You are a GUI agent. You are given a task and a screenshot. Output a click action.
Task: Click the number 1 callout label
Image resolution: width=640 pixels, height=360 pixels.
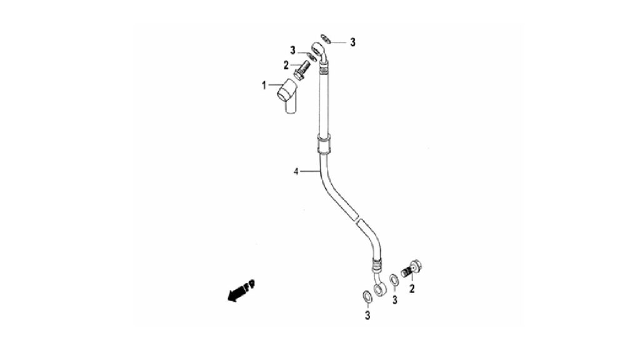264,85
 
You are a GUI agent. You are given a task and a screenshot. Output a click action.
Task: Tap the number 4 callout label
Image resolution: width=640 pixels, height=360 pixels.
296,172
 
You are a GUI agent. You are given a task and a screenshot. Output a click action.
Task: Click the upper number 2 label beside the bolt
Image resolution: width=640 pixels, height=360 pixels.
286,65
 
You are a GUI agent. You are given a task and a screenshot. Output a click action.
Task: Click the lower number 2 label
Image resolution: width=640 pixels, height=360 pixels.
412,289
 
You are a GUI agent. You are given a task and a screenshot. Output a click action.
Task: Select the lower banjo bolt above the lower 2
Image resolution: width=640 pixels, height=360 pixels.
412,269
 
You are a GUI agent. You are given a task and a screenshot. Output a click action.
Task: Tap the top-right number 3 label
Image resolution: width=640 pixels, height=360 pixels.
352,42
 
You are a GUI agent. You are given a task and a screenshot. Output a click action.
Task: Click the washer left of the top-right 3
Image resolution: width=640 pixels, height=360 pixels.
326,39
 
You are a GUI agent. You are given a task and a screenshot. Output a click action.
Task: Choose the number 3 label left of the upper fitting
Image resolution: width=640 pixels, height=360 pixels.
292,51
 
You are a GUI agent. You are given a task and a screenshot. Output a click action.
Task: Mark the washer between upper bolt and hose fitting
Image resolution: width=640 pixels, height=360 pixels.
311,56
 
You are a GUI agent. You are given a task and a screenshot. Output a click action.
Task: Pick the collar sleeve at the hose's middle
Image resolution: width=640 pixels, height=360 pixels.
324,144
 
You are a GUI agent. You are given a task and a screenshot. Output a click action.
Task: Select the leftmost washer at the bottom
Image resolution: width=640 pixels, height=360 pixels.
366,296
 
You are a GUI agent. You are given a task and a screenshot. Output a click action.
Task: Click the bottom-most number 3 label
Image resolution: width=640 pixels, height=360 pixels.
367,316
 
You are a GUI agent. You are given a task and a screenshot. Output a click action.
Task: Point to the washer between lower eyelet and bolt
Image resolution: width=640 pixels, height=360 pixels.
394,280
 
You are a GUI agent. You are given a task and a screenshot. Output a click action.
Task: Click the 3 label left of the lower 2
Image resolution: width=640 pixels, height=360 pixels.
395,300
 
